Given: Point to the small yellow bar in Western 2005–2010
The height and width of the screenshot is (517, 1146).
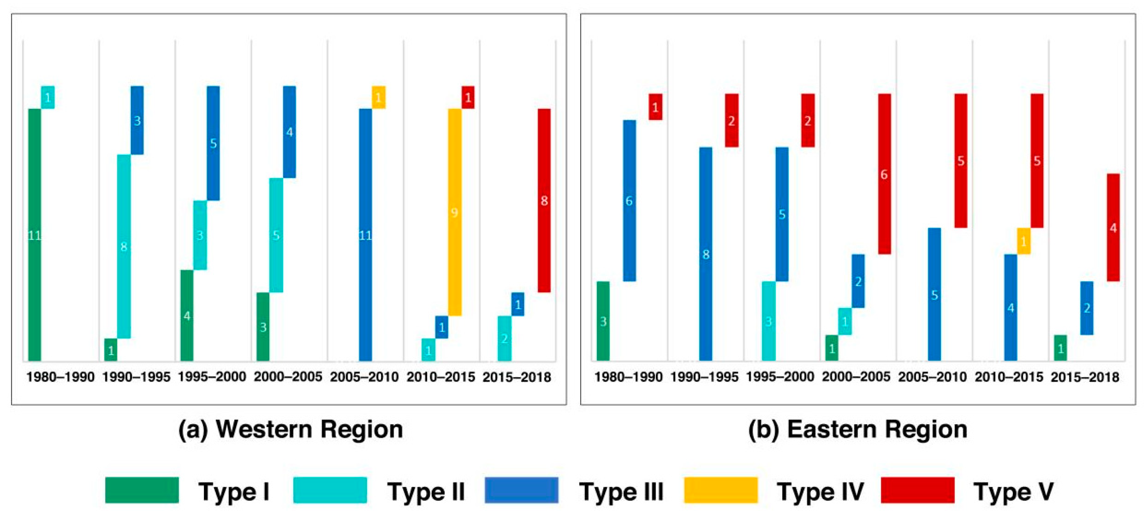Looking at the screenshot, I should coord(379,97).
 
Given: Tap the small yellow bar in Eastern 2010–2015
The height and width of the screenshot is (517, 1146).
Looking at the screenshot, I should coord(1024,241).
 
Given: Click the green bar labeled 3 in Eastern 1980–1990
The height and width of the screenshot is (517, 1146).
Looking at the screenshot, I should coord(603,321).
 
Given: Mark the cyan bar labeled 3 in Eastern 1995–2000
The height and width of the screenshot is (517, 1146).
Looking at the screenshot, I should coord(768,321).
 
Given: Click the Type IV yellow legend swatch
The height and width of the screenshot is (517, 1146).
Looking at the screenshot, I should coord(721,490).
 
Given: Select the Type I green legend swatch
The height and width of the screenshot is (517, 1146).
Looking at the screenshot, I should coord(142,490).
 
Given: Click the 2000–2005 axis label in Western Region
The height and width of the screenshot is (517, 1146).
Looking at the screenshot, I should coord(288,377).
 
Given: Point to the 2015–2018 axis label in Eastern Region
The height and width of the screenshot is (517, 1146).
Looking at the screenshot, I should coord(1085,377).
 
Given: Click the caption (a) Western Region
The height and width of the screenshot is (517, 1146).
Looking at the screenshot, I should coord(290,429).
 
